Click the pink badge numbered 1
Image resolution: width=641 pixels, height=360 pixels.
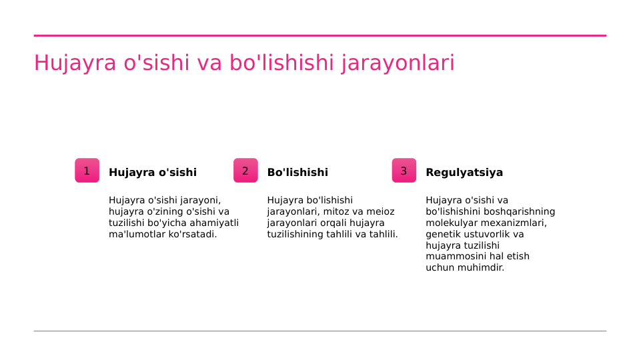point(87,171)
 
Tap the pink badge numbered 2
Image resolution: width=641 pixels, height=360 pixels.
point(245,171)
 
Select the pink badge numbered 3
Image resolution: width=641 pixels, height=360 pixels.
point(404,171)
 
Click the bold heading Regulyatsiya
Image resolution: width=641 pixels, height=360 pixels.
point(464,173)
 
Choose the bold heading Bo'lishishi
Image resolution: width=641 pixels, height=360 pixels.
point(297,173)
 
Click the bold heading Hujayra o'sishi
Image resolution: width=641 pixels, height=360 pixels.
point(153,173)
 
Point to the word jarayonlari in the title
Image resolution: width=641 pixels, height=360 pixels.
point(398,63)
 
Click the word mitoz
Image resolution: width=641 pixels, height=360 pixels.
point(338,212)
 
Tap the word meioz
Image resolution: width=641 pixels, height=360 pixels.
point(380,212)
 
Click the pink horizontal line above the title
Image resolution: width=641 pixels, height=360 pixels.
point(320,35)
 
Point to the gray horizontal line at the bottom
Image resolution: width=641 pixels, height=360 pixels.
point(320,331)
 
